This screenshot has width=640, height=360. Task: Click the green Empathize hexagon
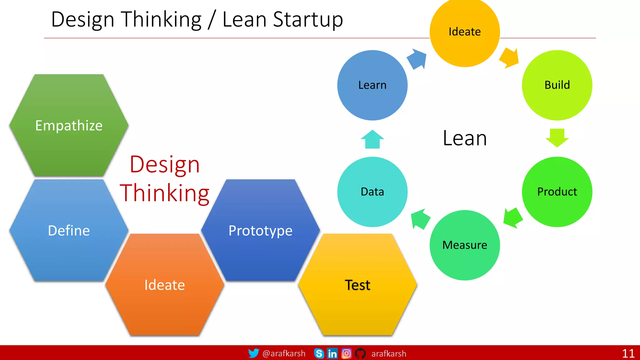[x=69, y=125]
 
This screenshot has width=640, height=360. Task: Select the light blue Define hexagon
[x=69, y=231]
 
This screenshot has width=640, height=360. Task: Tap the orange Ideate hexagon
[x=165, y=285]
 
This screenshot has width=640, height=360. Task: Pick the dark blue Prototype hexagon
[x=260, y=231]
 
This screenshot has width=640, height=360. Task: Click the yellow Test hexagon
[x=357, y=285]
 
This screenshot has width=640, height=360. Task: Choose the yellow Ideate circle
[x=465, y=32]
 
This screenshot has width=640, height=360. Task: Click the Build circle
[x=557, y=85]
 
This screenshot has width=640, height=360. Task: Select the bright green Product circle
[x=557, y=192]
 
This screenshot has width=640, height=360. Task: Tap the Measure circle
[x=465, y=245]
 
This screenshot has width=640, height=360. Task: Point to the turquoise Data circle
[x=372, y=192]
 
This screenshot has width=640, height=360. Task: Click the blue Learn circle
[x=372, y=85]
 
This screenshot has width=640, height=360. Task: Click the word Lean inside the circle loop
[x=465, y=138]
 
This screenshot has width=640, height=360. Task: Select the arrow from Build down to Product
[x=557, y=138]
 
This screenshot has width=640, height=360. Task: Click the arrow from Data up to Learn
[x=372, y=139]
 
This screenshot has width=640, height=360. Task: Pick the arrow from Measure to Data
[x=420, y=219]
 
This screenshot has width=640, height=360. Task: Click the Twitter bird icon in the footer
[x=253, y=353]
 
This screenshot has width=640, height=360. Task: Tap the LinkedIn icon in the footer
[x=332, y=353]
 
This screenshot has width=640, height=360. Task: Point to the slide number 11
[x=628, y=353]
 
